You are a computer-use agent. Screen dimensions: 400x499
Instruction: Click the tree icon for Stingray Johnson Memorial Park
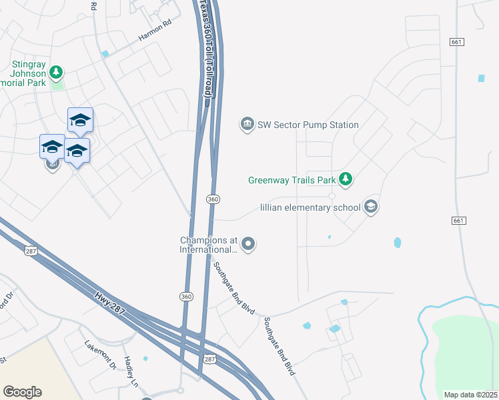click(x=57, y=71)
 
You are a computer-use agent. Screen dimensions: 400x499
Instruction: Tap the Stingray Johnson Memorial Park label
click(x=27, y=74)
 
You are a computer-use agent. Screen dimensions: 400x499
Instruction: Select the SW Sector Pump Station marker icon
click(x=247, y=125)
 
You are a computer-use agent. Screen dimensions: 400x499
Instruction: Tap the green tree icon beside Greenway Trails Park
click(x=345, y=179)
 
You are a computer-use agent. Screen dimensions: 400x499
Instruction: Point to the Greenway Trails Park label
click(x=291, y=179)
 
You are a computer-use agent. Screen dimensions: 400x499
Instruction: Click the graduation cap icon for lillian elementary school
click(x=371, y=207)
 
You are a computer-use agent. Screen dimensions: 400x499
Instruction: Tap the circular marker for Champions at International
click(x=248, y=245)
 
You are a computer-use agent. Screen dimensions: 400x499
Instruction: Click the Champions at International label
click(x=208, y=245)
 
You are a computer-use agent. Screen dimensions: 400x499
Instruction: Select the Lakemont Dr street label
click(x=100, y=355)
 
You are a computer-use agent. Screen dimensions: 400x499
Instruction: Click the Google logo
click(x=22, y=392)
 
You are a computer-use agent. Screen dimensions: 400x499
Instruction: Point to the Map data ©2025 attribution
click(x=470, y=395)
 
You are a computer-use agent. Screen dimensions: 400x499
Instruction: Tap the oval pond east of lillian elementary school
click(x=398, y=243)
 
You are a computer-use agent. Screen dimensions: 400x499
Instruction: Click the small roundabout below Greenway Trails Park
click(x=332, y=196)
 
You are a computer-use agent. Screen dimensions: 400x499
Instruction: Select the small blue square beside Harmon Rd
click(x=105, y=54)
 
